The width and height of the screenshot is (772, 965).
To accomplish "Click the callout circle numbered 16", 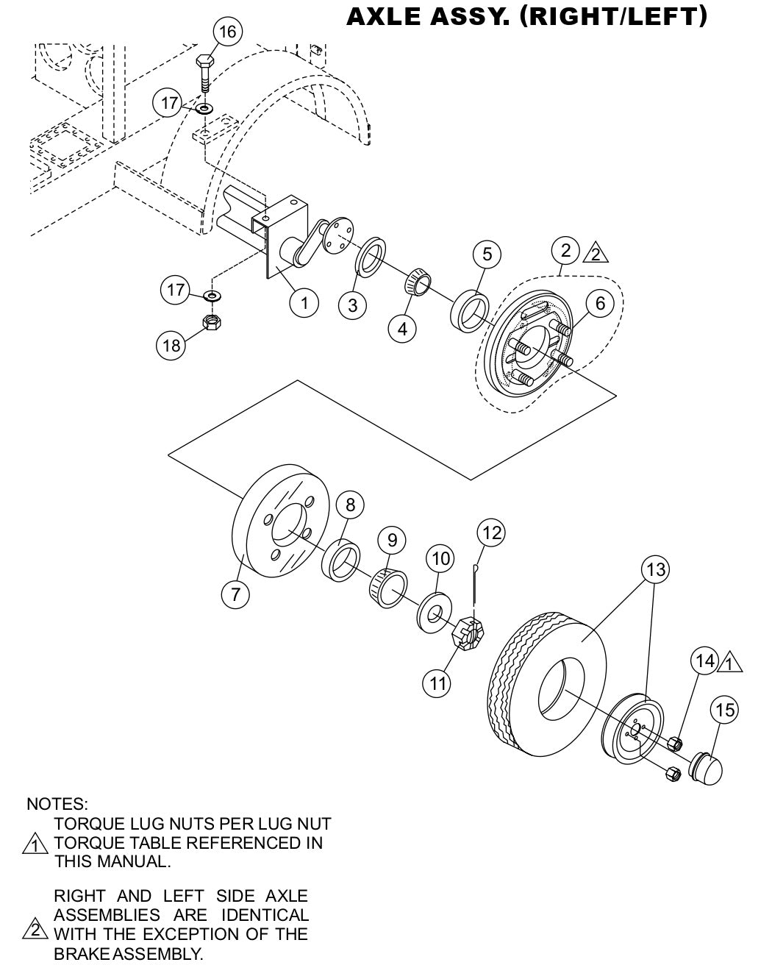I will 228,32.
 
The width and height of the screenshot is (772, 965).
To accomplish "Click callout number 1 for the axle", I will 304,302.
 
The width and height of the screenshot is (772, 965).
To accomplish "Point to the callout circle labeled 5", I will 487,254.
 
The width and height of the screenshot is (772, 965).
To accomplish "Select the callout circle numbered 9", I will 392,541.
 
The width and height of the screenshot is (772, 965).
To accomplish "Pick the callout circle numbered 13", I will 655,569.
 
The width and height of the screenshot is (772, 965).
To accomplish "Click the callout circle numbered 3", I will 353,305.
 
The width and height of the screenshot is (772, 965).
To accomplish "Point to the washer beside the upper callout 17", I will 205,108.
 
